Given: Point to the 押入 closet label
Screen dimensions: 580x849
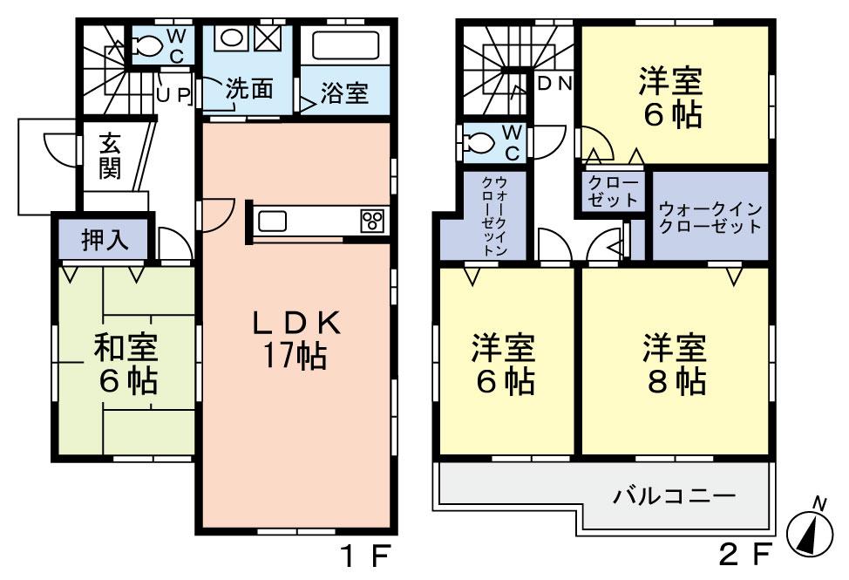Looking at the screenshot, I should (x=105, y=241).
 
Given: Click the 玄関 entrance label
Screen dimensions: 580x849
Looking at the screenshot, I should (x=109, y=156).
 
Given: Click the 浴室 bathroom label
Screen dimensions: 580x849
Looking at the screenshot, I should (x=343, y=93).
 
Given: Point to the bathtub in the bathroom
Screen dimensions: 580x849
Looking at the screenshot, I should (x=343, y=47).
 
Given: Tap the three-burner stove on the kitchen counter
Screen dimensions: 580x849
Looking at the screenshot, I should (x=373, y=222).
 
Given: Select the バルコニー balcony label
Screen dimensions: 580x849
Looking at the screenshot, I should (x=674, y=497).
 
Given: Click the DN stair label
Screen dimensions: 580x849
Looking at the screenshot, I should (x=554, y=84).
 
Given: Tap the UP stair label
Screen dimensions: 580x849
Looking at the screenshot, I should (x=173, y=94).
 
